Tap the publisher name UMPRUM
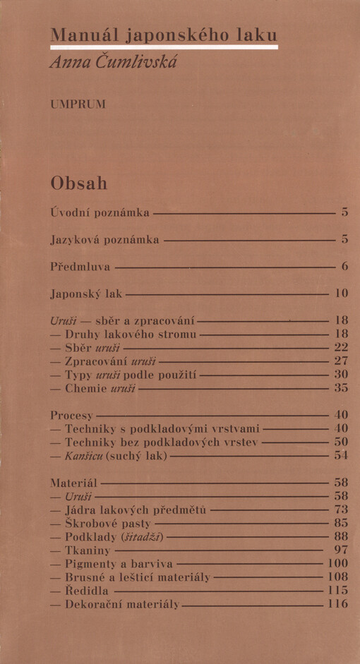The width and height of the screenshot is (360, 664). [x=78, y=105]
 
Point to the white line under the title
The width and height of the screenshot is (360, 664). [x=163, y=47]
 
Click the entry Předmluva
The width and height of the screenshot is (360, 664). [x=80, y=267]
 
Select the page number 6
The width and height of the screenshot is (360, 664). [x=344, y=267]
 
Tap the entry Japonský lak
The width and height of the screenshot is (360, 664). [x=86, y=292]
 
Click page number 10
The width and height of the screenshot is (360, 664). [x=341, y=292]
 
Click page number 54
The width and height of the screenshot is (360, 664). [x=341, y=456]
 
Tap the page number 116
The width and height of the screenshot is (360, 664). [x=338, y=604]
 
